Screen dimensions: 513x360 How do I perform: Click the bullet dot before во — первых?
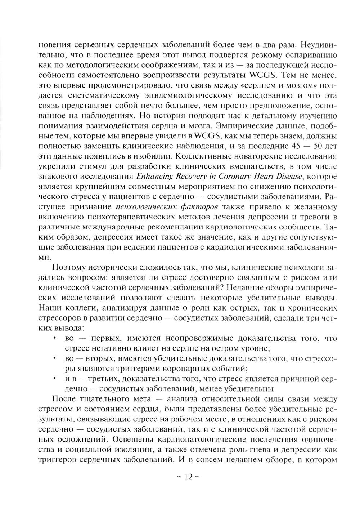tap(54, 338)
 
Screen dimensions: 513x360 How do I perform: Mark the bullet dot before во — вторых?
tap(54, 359)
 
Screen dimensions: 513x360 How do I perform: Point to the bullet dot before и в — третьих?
tap(54, 379)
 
